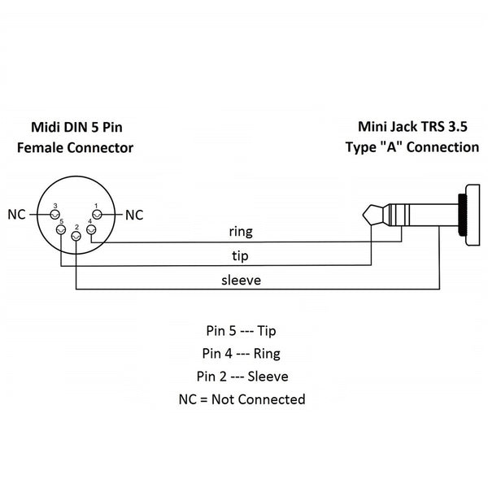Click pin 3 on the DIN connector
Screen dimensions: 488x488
coord(55,215)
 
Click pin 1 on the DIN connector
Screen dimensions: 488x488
coord(97,215)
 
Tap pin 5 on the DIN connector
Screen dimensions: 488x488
coord(61,230)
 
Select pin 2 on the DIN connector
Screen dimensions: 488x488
coord(76,236)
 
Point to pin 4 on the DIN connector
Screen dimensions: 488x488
coord(91,230)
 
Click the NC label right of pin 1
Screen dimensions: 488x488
coord(134,215)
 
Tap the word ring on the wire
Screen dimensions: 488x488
coord(240,232)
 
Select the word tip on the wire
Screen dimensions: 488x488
coord(241,255)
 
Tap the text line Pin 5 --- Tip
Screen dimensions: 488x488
coord(242,331)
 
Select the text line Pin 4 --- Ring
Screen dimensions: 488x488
coord(242,354)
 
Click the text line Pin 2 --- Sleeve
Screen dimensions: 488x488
coord(242,377)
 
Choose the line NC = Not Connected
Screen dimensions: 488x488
coord(242,399)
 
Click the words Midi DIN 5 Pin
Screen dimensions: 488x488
coord(77,127)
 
